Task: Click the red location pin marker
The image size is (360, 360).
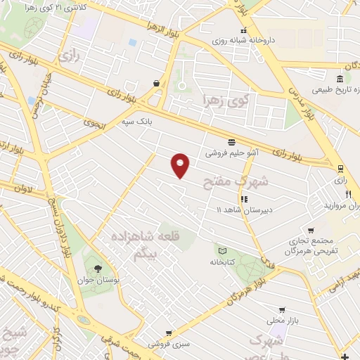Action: click(x=181, y=165)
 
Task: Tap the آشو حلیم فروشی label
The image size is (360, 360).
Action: click(x=232, y=153)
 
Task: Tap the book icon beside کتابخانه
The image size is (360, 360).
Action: click(x=222, y=251)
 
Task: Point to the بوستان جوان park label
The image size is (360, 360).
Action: click(x=98, y=280)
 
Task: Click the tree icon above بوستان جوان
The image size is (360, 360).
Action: click(x=97, y=269)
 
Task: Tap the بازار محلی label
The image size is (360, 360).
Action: click(x=282, y=321)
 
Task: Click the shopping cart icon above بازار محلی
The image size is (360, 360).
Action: click(x=282, y=309)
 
